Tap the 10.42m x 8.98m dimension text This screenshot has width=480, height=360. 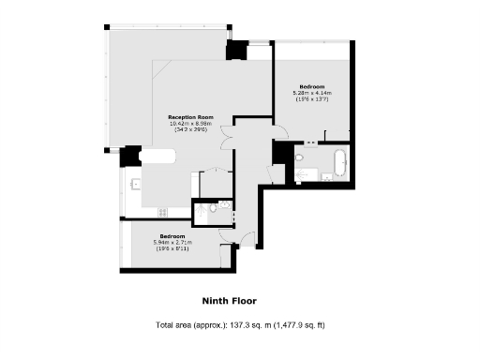pyautogui.click(x=190, y=124)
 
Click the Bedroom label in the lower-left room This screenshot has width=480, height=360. pyautogui.click(x=172, y=235)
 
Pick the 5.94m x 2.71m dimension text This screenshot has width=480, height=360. pyautogui.click(x=172, y=242)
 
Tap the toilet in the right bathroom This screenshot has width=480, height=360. pyautogui.click(x=300, y=159)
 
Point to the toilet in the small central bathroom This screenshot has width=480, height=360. pyautogui.click(x=214, y=211)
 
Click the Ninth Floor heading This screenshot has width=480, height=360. pyautogui.click(x=229, y=301)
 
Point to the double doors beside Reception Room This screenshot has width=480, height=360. pyautogui.click(x=225, y=134)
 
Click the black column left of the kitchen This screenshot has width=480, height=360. pyautogui.click(x=129, y=155)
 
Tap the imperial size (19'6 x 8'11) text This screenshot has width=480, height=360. pyautogui.click(x=172, y=247)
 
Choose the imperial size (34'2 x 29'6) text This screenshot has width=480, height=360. pyautogui.click(x=190, y=129)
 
